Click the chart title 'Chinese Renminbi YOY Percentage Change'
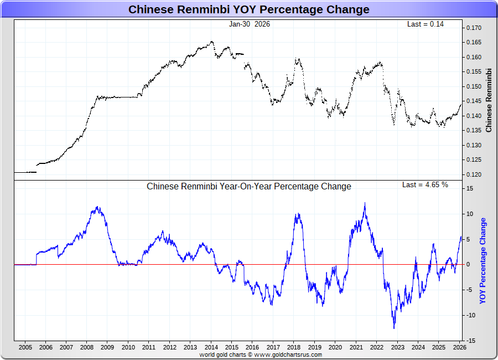[x=248, y=9]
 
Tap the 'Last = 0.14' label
[x=426, y=24]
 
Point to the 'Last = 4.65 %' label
[x=425, y=184]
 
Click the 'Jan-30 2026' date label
[x=250, y=24]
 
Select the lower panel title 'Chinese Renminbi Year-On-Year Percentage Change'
[x=248, y=187]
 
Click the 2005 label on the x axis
[x=25, y=347]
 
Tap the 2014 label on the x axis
[x=211, y=347]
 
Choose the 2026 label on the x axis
[x=459, y=347]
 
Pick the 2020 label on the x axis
[x=335, y=347]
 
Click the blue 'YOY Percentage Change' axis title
[x=483, y=260]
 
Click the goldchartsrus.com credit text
[x=260, y=354]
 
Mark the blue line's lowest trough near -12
[x=395, y=328]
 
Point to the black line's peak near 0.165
[x=212, y=41]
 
